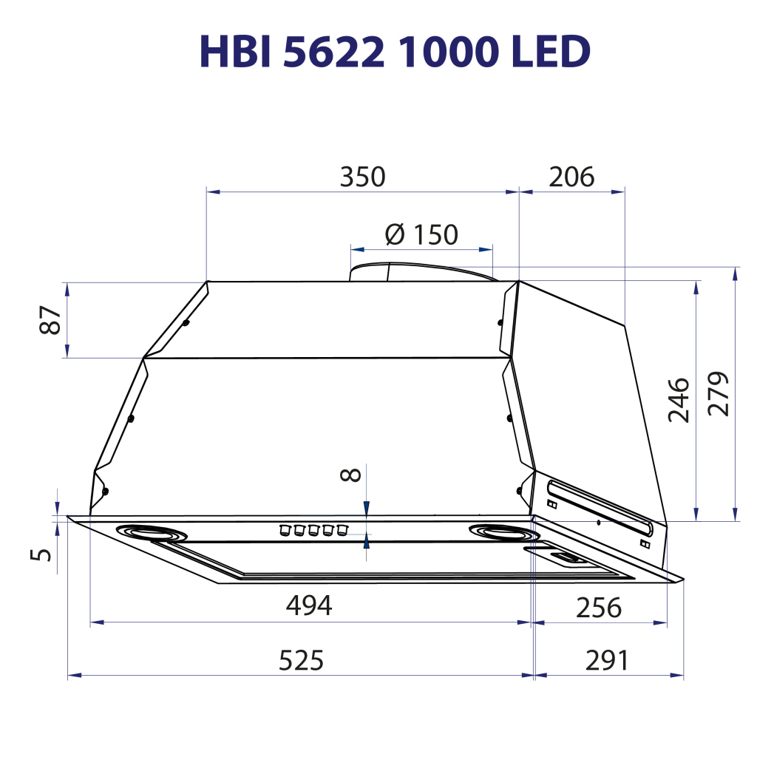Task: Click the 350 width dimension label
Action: point(362,177)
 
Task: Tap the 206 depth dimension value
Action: point(571,177)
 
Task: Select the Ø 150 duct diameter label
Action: point(421,234)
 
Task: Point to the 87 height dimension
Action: point(51,319)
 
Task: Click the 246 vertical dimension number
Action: point(679,400)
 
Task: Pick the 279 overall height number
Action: point(718,393)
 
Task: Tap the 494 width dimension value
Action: point(309,605)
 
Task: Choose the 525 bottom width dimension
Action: point(301,660)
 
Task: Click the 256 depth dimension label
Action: point(598,608)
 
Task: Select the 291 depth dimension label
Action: point(606,660)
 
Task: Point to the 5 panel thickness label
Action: point(45,553)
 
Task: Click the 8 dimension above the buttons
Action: point(353,474)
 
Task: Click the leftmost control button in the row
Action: point(283,529)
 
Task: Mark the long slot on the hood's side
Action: point(599,506)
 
